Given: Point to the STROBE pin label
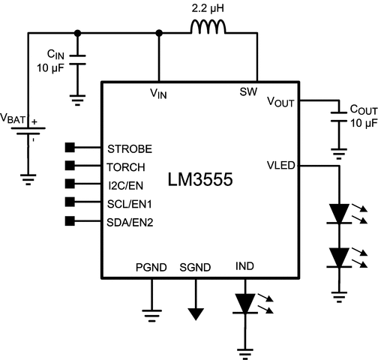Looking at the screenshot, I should pos(130,147).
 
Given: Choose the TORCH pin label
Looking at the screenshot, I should pos(127,166).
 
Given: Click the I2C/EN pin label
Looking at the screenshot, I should pos(127,184).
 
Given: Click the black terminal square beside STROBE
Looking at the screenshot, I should pos(70,147).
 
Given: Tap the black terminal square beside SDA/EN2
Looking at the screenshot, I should pos(70,220).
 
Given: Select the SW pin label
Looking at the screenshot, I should pos(248,92).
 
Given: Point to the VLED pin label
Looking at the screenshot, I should pos(282,165).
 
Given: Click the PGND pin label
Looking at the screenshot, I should pos(151,265).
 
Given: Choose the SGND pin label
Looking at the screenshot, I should pos(196,265).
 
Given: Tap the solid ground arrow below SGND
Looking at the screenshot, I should pos(196,313).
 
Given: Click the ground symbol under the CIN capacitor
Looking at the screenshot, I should pos(77,96).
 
